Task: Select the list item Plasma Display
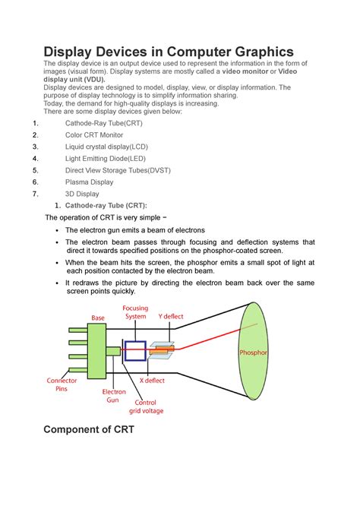coord(90,182)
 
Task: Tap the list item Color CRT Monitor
coord(94,134)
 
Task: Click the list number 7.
coord(36,194)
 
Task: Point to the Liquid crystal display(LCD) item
coord(106,147)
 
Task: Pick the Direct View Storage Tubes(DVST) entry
coord(118,170)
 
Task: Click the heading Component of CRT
coord(89,429)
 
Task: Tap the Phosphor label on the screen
coord(253,353)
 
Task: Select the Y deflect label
coord(171,316)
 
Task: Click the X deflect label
coord(152,380)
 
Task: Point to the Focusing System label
coord(135,312)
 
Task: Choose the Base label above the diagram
coord(98,318)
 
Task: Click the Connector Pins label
coord(62,384)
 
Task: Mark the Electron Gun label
coord(114,396)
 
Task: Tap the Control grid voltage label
coord(146,406)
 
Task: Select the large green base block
coord(96,351)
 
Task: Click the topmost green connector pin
coord(78,330)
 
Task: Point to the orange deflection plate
coord(162,350)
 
